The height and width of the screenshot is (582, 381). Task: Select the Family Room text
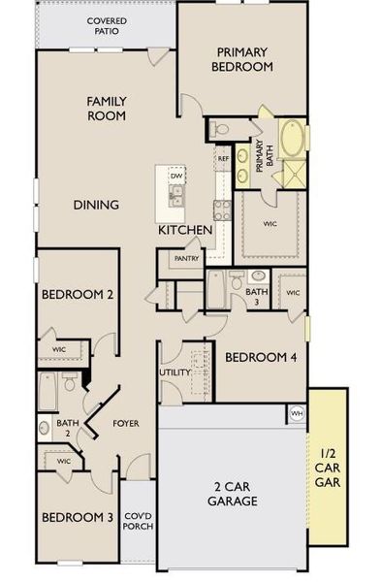107,108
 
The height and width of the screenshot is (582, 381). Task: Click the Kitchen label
185,230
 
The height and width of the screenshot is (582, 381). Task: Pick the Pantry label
185,259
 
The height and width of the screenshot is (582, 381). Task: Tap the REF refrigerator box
223,158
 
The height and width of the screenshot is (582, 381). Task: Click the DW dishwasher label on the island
176,176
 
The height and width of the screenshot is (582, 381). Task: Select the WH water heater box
296,414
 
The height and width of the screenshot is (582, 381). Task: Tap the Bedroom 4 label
261,358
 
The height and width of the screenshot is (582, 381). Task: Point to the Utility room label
175,372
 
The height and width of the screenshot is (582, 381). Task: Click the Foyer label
127,423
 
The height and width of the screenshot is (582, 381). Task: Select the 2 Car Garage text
233,494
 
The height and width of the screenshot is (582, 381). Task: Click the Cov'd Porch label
138,522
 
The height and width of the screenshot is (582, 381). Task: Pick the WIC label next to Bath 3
292,292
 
